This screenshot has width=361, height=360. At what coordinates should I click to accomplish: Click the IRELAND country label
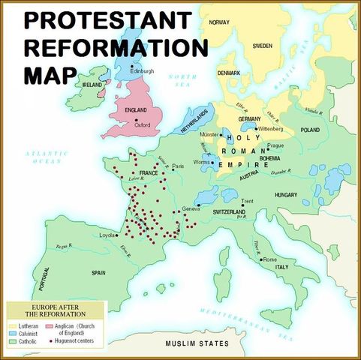click(93, 85)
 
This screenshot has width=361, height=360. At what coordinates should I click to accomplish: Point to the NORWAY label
click(219, 22)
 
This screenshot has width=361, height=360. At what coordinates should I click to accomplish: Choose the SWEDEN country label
click(262, 45)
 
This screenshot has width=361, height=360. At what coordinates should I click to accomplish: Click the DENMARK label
click(228, 73)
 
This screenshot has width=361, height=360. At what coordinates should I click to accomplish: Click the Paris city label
click(178, 166)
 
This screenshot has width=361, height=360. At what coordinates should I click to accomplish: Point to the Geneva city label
click(192, 208)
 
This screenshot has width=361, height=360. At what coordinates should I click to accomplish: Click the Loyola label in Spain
click(107, 235)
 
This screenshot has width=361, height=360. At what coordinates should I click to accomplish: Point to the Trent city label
click(248, 201)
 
